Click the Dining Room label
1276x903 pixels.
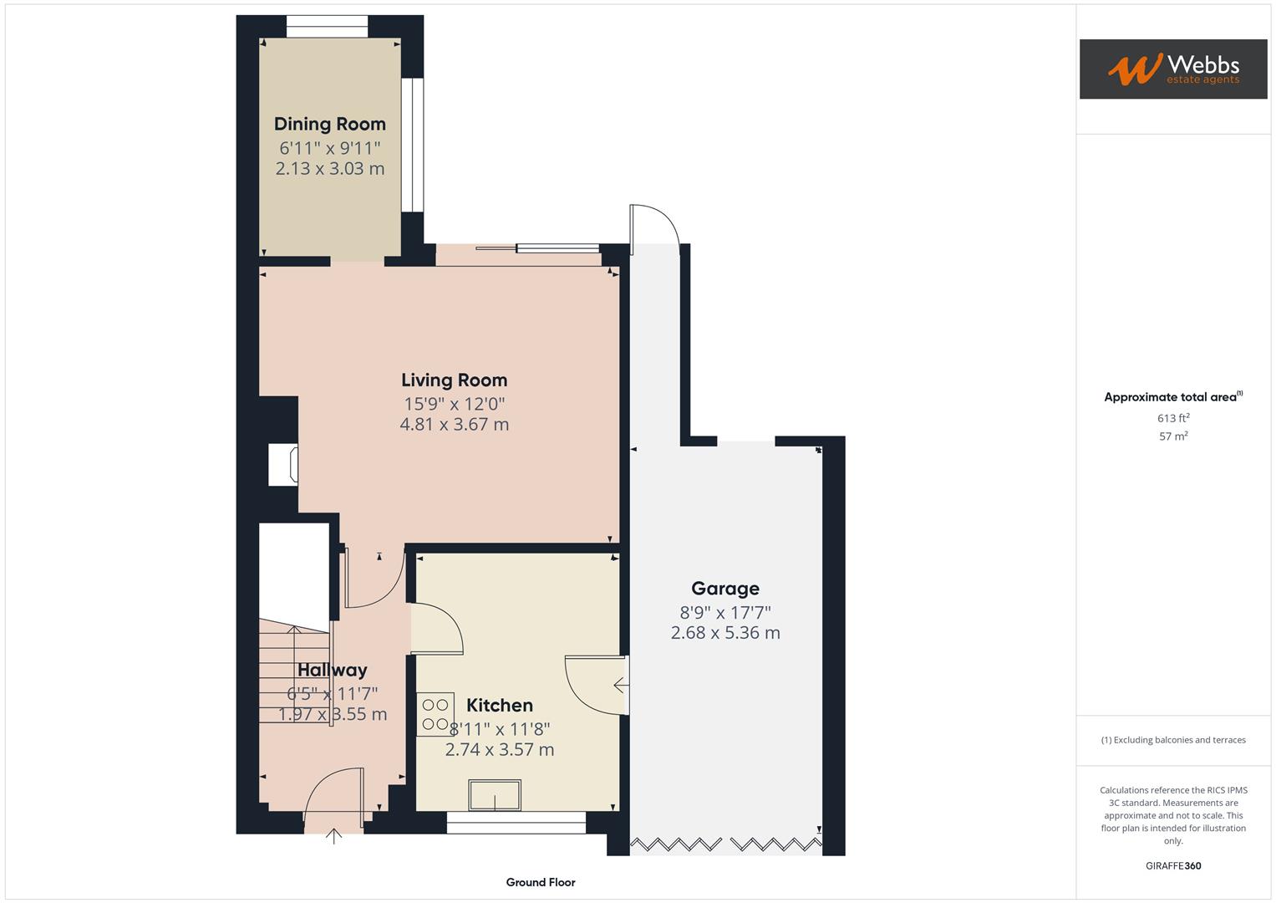tap(329, 124)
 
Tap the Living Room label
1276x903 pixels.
tap(454, 380)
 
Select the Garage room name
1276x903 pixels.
tap(724, 589)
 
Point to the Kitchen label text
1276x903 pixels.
tap(499, 705)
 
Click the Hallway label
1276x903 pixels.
tap(332, 670)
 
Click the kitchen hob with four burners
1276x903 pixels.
tap(435, 714)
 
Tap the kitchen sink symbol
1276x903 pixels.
tap(495, 794)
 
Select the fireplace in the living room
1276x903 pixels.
tap(282, 465)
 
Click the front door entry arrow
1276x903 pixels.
tap(333, 835)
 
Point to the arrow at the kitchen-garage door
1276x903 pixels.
tap(621, 686)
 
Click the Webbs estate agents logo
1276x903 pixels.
tap(1172, 69)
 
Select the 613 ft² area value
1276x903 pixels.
tap(1172, 418)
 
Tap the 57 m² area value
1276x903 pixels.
tap(1172, 436)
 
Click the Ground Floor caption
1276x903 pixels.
tap(540, 882)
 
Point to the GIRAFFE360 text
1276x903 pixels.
tap(1172, 865)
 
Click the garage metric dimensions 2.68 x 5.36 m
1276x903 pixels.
tap(724, 633)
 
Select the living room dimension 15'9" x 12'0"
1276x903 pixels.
tap(454, 404)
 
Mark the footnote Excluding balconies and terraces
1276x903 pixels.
tap(1172, 740)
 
